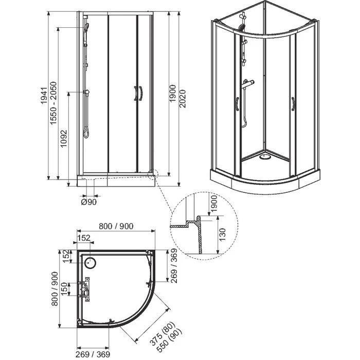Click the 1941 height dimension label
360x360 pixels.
click(44, 96)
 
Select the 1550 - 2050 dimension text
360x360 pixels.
click(53, 103)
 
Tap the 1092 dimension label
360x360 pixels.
click(64, 139)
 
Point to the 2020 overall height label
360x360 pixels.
click(183, 99)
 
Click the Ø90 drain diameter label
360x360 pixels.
click(89, 202)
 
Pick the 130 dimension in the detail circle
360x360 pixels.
click(222, 235)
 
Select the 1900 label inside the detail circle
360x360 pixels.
click(213, 204)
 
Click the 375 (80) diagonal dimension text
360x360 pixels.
click(163, 333)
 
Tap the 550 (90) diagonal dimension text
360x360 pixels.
click(169, 339)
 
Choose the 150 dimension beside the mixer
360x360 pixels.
click(64, 289)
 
